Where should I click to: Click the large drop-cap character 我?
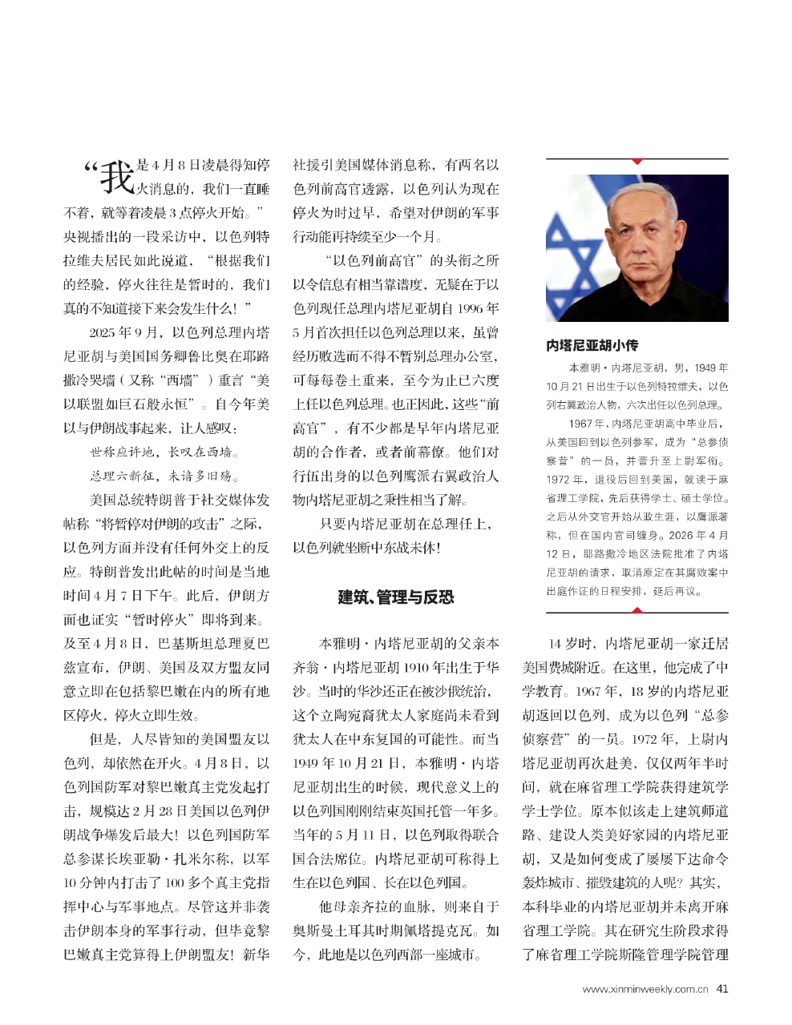pos(116,177)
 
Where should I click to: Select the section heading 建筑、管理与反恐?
pos(395,597)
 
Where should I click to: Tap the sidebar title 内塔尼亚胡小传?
pos(592,345)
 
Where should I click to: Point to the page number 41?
pos(722,989)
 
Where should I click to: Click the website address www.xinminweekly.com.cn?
pos(645,990)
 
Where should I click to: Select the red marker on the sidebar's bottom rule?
pos(637,610)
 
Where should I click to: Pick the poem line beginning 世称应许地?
pos(164,452)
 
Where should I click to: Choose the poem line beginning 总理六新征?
pos(164,476)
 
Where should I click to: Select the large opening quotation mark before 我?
pos(90,169)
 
